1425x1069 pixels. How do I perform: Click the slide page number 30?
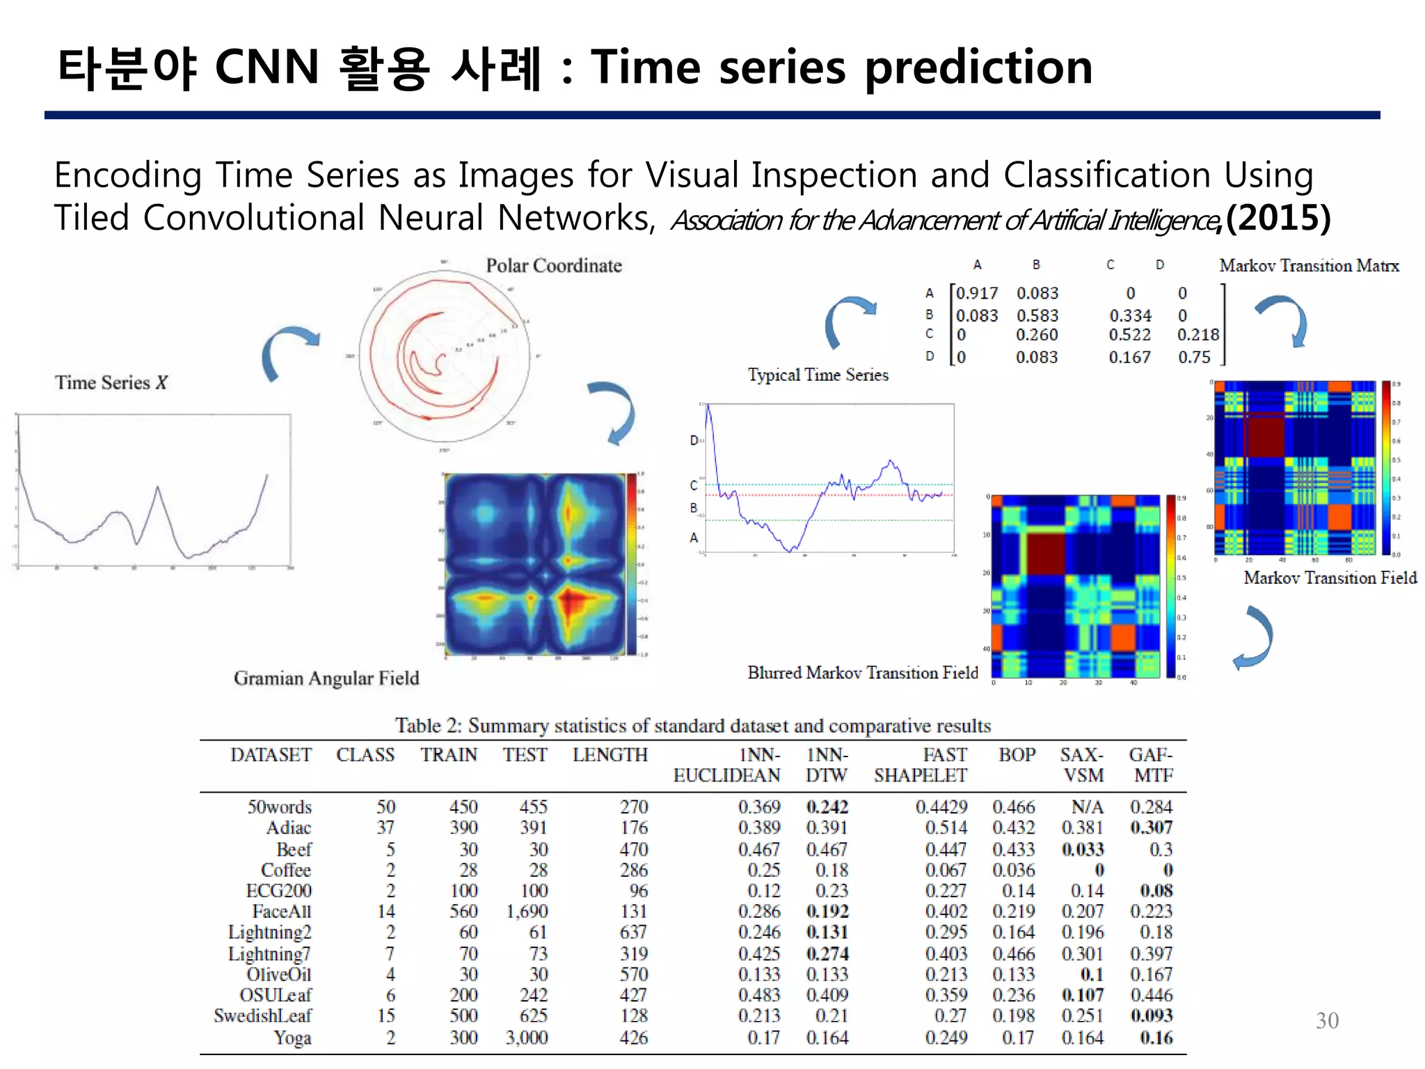pos(1327,1020)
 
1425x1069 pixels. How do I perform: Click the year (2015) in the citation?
pos(1278,218)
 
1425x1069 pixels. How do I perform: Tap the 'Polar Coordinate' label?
pos(554,265)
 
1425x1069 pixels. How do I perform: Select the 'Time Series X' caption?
pos(111,382)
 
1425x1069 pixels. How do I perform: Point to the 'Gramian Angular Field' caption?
pos(326,678)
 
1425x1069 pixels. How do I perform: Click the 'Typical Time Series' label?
pos(818,374)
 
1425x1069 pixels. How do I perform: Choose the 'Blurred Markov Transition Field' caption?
pos(863,672)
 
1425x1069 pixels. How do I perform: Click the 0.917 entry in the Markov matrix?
pos(977,293)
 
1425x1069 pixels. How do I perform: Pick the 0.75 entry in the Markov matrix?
pos(1194,357)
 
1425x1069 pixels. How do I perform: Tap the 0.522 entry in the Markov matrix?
pos(1129,335)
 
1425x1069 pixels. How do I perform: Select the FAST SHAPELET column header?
pos(921,765)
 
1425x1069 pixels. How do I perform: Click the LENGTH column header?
pos(610,754)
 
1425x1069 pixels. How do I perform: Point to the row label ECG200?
pos(279,891)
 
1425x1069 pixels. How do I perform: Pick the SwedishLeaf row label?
pos(263,1015)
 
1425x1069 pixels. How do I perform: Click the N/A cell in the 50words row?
pos(1088,807)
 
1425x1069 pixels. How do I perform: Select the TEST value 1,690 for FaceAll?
pos(527,911)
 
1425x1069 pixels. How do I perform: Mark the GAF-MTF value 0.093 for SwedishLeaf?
pos(1152,1015)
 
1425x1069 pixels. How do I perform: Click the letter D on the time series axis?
pos(694,441)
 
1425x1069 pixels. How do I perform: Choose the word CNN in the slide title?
pos(266,68)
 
